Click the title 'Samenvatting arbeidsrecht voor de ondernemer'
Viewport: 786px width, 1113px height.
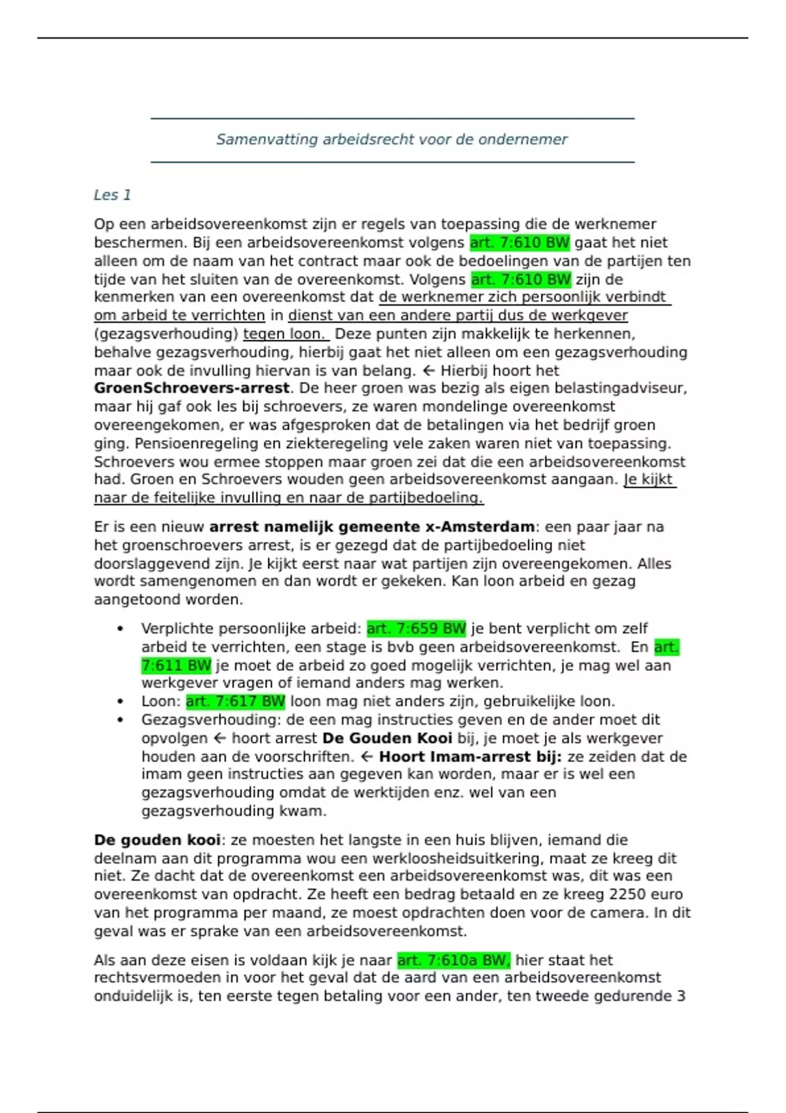(x=392, y=139)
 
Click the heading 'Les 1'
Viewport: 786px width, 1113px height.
(x=112, y=195)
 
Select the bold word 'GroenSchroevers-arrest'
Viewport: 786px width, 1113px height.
(x=192, y=388)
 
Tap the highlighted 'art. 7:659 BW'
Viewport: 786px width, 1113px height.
(x=416, y=629)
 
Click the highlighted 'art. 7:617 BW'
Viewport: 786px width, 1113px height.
(x=235, y=702)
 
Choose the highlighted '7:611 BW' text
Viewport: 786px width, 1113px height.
(x=176, y=666)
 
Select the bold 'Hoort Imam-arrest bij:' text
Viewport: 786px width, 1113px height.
(x=470, y=757)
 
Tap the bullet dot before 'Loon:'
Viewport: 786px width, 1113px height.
(x=120, y=702)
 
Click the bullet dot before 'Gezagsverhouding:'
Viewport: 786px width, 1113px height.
(x=120, y=720)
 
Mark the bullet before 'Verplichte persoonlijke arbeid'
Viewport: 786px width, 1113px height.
(x=120, y=629)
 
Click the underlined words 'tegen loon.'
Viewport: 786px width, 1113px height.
(x=284, y=334)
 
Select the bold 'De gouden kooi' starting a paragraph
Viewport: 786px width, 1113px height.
(x=157, y=840)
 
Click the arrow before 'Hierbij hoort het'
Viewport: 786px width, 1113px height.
(x=429, y=371)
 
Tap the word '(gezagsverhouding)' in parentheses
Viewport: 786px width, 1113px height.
(x=166, y=334)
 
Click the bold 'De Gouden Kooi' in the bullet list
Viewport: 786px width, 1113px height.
(x=387, y=739)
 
